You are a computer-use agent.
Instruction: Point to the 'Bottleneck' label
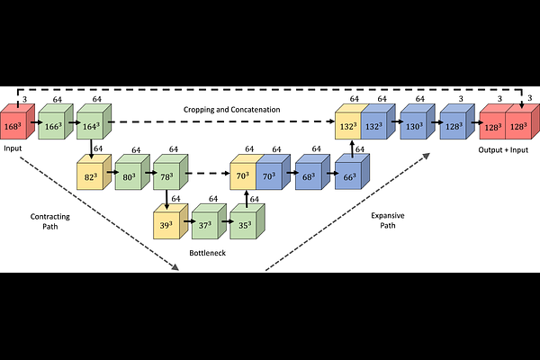point(206,253)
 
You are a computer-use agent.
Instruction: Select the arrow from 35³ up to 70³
point(246,197)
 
